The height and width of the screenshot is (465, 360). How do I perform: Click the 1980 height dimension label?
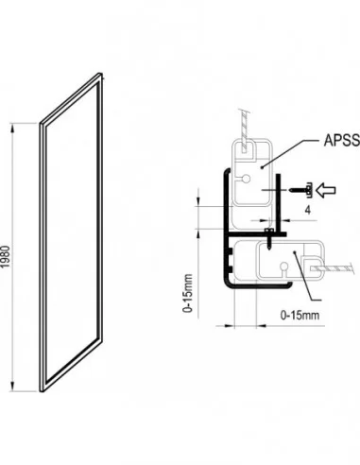(6, 257)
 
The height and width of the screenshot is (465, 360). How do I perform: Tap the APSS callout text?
(342, 141)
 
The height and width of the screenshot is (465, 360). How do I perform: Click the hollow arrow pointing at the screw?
(326, 190)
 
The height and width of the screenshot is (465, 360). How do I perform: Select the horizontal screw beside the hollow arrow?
(300, 190)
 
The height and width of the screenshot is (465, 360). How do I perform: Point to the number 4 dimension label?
(308, 210)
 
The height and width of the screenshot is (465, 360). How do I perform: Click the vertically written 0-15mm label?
(188, 293)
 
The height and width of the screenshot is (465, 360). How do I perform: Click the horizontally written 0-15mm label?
(300, 315)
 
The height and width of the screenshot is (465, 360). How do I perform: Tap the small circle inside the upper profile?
(246, 179)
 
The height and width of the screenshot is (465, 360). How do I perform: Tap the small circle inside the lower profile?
(284, 267)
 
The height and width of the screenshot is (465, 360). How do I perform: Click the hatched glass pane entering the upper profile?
(244, 130)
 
